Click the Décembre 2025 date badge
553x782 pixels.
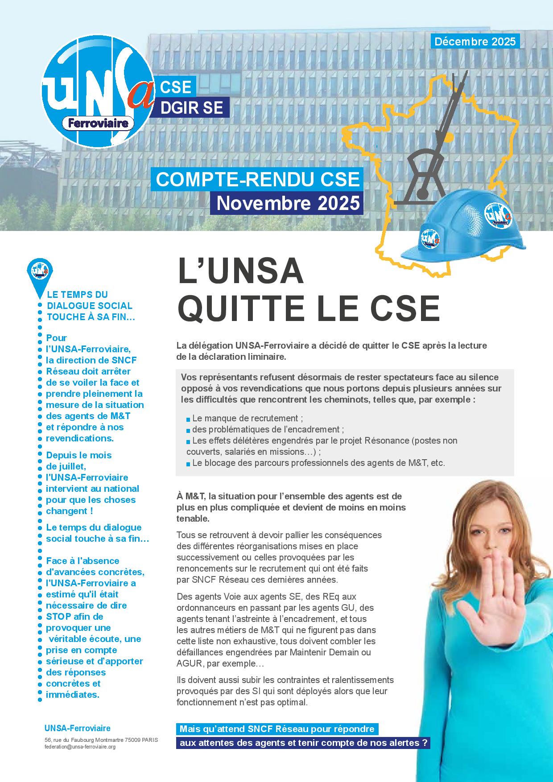475,42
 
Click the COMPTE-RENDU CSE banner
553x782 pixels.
257,179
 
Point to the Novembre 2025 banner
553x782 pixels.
288,203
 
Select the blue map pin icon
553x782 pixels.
40,272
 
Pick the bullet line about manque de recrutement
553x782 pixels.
248,418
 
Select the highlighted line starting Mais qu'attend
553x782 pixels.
276,729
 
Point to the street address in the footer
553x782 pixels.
101,740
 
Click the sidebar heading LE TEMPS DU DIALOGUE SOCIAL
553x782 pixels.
89,305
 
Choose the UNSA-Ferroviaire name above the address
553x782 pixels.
77,728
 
